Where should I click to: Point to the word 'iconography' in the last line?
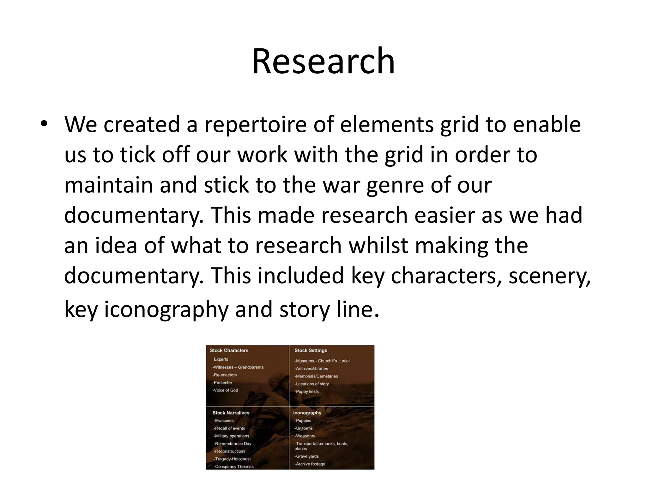(x=166, y=309)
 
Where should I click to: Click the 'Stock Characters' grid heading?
(x=229, y=350)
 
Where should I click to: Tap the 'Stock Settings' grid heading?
(x=311, y=350)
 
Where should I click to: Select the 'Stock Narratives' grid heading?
(x=231, y=413)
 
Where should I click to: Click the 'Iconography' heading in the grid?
(x=307, y=413)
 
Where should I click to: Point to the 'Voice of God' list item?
(x=226, y=390)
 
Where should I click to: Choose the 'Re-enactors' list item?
(x=225, y=375)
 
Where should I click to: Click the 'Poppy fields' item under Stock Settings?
(x=307, y=391)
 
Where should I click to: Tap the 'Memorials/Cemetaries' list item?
(x=316, y=376)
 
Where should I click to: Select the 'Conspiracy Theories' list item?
(x=234, y=466)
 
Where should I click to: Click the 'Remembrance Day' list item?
(x=233, y=444)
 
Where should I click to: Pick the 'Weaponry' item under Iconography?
(x=305, y=436)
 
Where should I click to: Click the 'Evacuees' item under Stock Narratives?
(x=224, y=421)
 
